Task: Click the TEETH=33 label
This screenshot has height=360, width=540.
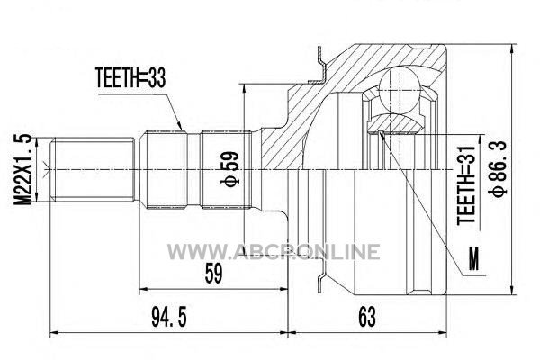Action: tap(130, 78)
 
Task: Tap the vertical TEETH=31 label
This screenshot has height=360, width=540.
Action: tap(465, 186)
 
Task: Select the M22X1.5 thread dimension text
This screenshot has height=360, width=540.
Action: tap(22, 170)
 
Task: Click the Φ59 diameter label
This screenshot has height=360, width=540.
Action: tap(229, 169)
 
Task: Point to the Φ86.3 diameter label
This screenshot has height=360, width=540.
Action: tap(499, 169)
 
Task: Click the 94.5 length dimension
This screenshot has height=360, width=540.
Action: tap(169, 318)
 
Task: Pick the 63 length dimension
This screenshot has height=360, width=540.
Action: tap(367, 317)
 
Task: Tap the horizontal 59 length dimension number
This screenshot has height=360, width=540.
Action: tap(213, 273)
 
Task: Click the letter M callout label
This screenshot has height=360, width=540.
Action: tap(474, 259)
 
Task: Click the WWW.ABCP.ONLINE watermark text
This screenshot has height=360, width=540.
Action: tap(274, 252)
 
